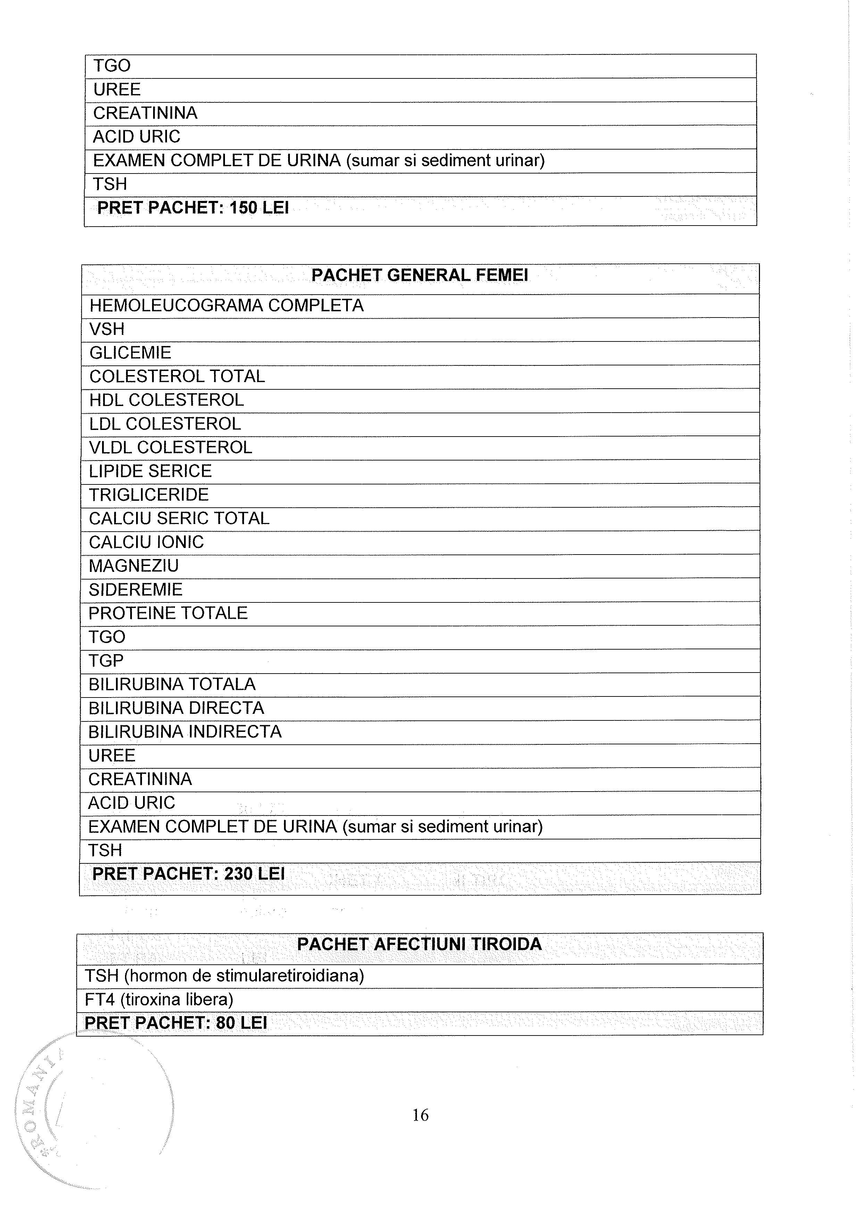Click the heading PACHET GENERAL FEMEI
tap(419, 276)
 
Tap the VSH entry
tap(107, 329)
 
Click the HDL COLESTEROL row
tap(167, 400)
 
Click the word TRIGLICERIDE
tap(149, 495)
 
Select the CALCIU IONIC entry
tap(146, 542)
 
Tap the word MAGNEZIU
tap(134, 566)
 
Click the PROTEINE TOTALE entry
tap(168, 613)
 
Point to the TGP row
tap(106, 661)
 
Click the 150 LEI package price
tap(259, 208)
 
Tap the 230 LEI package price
tap(254, 874)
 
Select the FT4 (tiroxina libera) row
tap(159, 1000)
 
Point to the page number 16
tap(420, 1116)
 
